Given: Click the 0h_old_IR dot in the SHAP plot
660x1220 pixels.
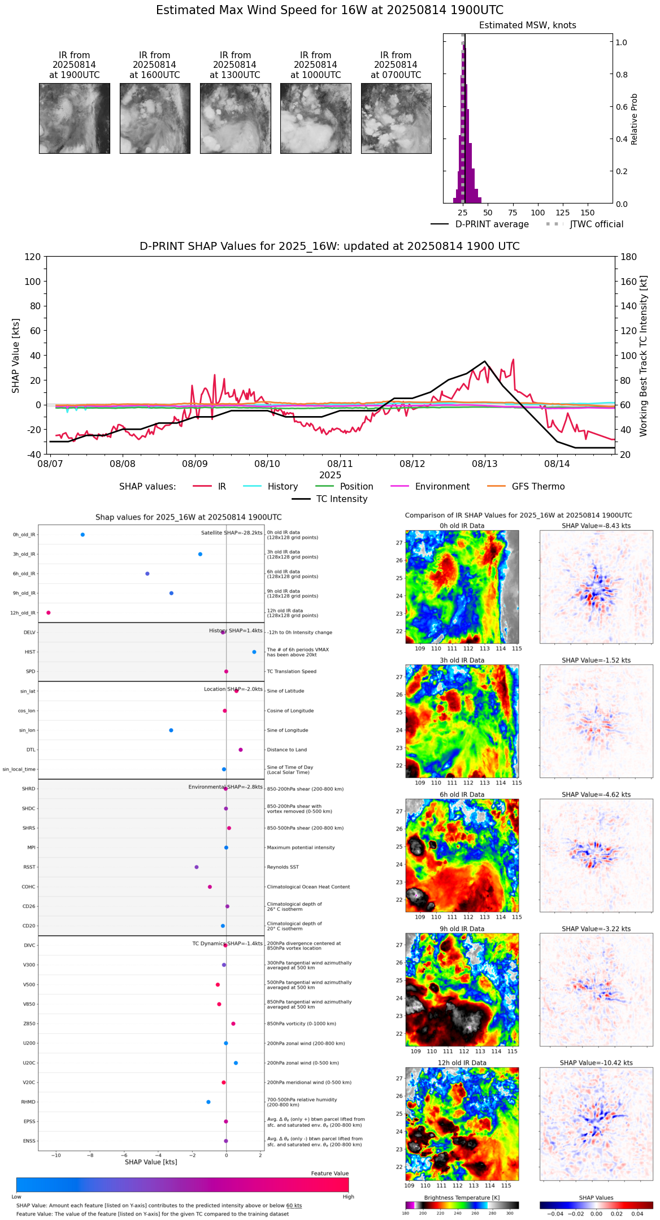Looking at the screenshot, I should (x=82, y=534).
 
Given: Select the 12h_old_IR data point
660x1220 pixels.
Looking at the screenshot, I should (x=49, y=612).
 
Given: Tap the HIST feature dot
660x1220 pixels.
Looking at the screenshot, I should (x=254, y=652).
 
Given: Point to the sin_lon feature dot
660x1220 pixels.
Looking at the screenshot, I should (x=171, y=730).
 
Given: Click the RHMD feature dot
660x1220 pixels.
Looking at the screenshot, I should (x=209, y=1101).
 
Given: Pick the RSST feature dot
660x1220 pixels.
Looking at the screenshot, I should (x=197, y=867).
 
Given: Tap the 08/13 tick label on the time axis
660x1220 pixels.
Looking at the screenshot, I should (x=485, y=464).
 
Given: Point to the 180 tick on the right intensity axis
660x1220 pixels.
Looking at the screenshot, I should (x=629, y=257).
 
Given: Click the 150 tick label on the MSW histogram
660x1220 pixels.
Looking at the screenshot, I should (x=588, y=213).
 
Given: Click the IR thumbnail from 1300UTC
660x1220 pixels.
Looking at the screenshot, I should (x=235, y=118).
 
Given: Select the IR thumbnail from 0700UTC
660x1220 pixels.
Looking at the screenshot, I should (x=396, y=118).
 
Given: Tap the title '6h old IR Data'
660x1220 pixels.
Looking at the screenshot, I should (x=462, y=794).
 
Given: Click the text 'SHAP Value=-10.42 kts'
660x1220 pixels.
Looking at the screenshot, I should (x=596, y=1062).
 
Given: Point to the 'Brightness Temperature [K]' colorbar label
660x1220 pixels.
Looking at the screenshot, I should (x=462, y=1197).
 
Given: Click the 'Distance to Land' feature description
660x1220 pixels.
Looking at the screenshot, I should (x=287, y=750).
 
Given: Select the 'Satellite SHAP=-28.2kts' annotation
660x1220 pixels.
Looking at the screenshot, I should (x=232, y=533).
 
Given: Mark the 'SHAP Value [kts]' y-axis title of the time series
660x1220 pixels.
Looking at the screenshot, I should (x=16, y=356).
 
